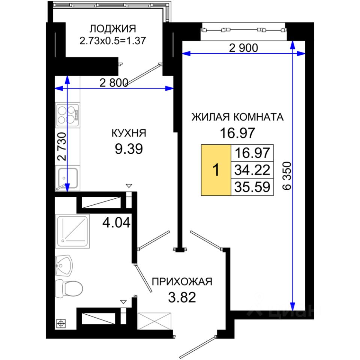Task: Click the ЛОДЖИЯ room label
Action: point(113,29)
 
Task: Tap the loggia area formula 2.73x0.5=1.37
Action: point(113,41)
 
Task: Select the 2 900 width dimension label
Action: point(244,48)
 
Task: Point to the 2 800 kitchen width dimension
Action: point(114,82)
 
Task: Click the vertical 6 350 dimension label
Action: point(287,176)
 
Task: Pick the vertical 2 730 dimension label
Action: point(62,146)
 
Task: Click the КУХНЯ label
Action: point(129,133)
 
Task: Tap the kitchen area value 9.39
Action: point(129,149)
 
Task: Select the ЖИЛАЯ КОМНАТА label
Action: point(238,117)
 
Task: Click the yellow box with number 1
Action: point(216,170)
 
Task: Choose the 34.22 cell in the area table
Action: point(252,170)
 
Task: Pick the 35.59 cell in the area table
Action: point(252,187)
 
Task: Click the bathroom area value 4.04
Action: point(116,222)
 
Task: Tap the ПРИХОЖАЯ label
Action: point(182,282)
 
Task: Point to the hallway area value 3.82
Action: point(182,297)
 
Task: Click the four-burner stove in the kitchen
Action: point(68,115)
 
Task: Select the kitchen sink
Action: point(67,178)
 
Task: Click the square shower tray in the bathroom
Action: point(72,231)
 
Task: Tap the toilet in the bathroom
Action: point(69,288)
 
